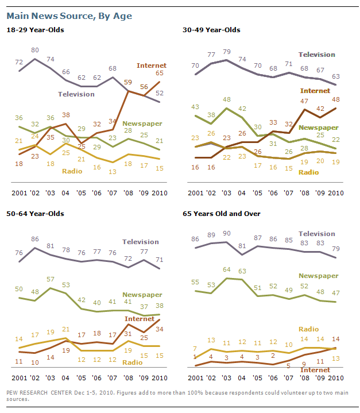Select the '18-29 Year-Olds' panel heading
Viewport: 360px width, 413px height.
(x=34, y=30)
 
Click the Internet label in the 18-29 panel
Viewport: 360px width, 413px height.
(x=151, y=65)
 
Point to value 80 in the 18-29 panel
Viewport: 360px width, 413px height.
(x=36, y=49)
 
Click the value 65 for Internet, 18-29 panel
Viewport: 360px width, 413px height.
(x=159, y=74)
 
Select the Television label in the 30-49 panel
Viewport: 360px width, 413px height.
(x=316, y=55)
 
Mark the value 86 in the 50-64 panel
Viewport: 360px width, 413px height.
(x=36, y=238)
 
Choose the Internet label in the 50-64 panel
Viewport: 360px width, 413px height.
(x=140, y=319)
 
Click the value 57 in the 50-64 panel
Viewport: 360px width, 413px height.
(x=52, y=280)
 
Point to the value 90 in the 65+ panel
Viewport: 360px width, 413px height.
(x=226, y=234)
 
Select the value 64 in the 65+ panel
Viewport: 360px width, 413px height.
(x=226, y=270)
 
